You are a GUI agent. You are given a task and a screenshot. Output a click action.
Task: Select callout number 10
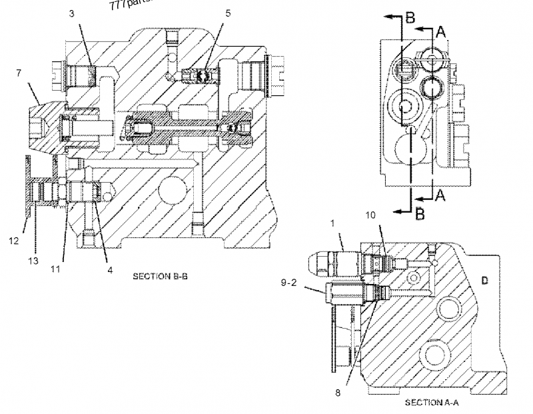coord(371,215)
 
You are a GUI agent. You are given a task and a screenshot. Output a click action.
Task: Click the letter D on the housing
coord(484,281)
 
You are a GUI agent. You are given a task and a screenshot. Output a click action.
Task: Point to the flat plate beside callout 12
coord(27,187)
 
